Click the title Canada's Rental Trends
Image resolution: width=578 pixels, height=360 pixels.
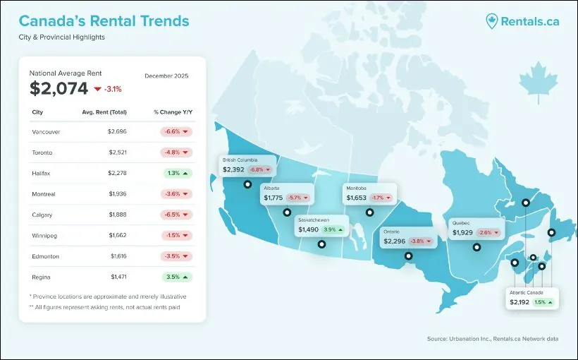coord(104,20)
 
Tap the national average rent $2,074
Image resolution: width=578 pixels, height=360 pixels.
coord(59,88)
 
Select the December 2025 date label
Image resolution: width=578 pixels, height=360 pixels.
coord(166,76)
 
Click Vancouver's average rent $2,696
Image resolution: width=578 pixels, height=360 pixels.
coord(117,131)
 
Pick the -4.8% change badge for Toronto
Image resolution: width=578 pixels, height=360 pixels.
coord(172,152)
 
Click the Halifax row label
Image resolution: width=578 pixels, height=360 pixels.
coord(42,173)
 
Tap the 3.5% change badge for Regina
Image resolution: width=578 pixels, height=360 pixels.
coord(172,277)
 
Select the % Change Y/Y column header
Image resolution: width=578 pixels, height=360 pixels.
coord(172,112)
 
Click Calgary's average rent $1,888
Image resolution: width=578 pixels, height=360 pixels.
coord(117,215)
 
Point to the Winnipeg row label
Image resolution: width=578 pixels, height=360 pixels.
coord(44,236)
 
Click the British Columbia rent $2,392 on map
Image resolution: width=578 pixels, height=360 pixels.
coord(233,170)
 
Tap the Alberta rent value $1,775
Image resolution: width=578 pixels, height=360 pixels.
coord(273,198)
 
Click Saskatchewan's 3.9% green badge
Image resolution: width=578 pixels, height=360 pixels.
coord(333,229)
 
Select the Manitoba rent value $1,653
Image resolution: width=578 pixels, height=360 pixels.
coord(357,198)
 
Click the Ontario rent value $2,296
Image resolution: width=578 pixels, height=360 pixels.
coord(394,241)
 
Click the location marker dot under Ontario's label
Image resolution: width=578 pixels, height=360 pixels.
coord(408,256)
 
